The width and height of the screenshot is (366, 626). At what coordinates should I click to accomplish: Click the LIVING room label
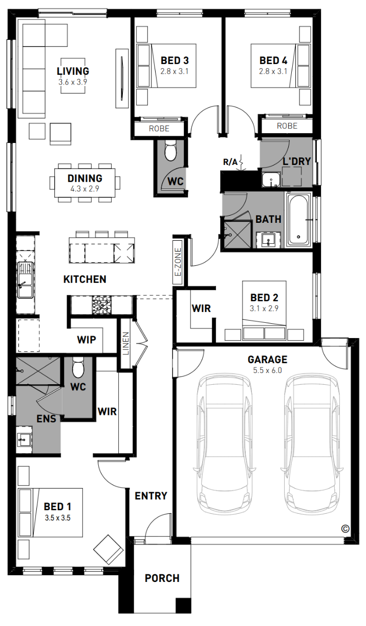73,71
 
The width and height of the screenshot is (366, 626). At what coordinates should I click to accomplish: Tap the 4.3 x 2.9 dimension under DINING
84,189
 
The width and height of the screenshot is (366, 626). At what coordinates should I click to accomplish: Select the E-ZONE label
178,262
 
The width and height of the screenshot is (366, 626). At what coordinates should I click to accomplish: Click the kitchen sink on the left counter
25,280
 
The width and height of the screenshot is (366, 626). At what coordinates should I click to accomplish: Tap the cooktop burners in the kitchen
102,305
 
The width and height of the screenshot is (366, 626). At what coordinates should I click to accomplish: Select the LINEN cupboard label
126,343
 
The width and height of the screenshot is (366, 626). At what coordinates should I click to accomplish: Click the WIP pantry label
87,340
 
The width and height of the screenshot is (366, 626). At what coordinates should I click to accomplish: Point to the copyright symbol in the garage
346,529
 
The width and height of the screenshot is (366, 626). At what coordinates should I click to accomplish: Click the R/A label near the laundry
230,162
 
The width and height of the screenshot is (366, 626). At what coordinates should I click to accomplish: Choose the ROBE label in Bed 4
287,126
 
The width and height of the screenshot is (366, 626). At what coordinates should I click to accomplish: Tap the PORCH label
162,578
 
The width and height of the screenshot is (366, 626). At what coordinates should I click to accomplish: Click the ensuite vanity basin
24,440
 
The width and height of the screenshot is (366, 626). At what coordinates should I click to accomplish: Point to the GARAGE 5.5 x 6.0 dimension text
267,370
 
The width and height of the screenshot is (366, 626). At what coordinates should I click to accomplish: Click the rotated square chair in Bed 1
109,550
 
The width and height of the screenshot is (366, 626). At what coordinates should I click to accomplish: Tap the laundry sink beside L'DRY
271,180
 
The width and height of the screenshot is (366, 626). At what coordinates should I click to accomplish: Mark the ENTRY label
151,496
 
